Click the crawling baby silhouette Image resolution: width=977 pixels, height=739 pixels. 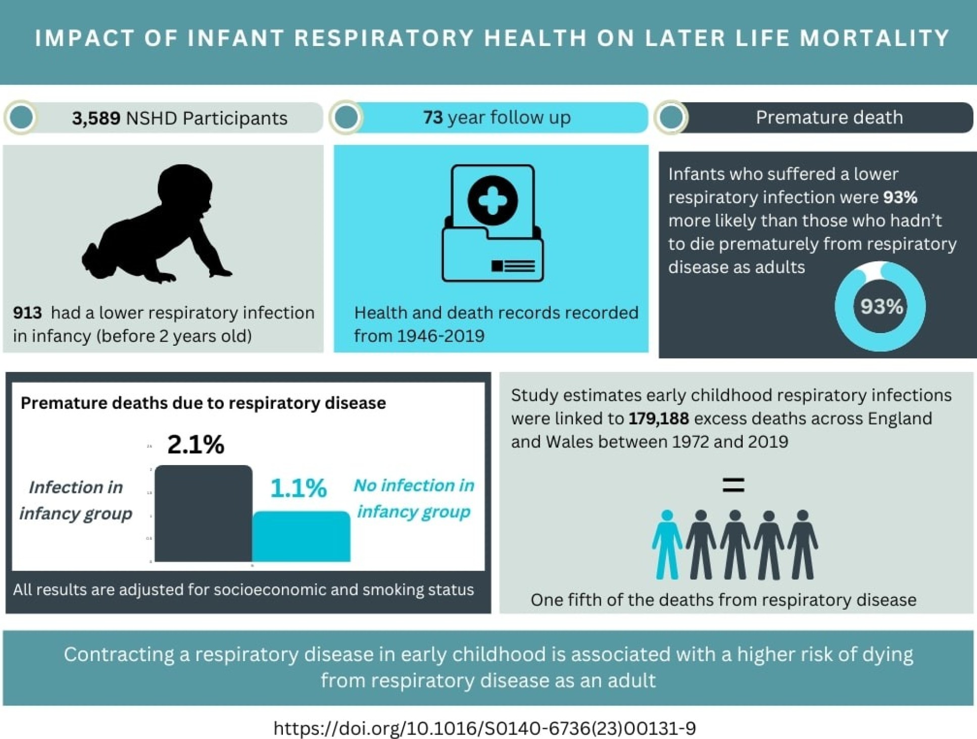pyautogui.click(x=157, y=225)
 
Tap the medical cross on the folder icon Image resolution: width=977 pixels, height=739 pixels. pyautogui.click(x=493, y=200)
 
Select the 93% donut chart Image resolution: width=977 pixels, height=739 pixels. pyautogui.click(x=881, y=306)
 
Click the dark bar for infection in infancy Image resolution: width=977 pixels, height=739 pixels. pyautogui.click(x=203, y=513)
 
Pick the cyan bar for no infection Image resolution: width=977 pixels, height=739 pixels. pyautogui.click(x=301, y=536)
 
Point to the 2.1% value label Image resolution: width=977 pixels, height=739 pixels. pyautogui.click(x=196, y=445)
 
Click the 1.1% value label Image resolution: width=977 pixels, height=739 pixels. pyautogui.click(x=299, y=488)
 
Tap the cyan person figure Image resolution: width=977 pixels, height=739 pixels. pyautogui.click(x=667, y=544)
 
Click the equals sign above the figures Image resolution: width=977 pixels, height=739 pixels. pyautogui.click(x=734, y=485)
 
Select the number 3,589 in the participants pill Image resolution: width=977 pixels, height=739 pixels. pyautogui.click(x=96, y=118)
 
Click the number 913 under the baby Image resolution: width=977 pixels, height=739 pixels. pyautogui.click(x=27, y=313)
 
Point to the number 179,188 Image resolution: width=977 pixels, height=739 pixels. pyautogui.click(x=658, y=419)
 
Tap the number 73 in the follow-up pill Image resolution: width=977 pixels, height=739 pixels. pyautogui.click(x=433, y=118)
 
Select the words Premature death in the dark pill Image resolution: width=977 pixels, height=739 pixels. pyautogui.click(x=829, y=118)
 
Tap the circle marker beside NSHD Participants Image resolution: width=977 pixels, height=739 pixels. pyautogui.click(x=21, y=118)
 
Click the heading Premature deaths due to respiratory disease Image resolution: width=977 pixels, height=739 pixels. pyautogui.click(x=203, y=403)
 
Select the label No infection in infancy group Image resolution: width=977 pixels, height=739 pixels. pyautogui.click(x=414, y=498)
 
